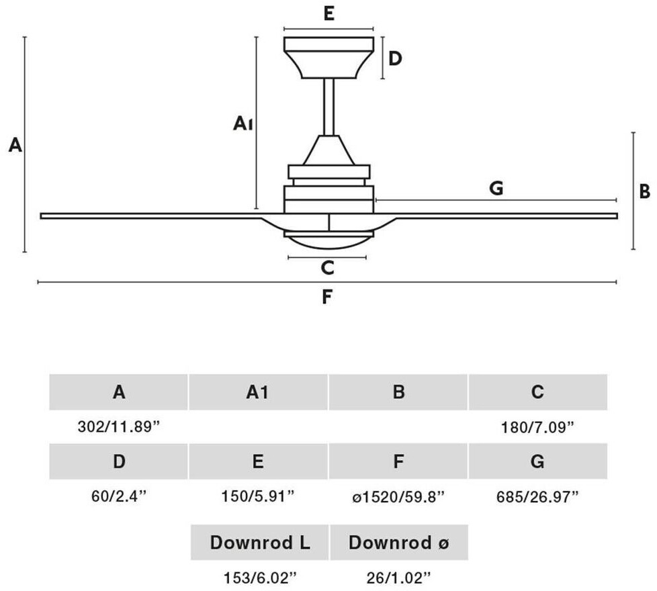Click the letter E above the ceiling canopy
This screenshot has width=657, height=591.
329,14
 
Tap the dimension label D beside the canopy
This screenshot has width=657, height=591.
395,58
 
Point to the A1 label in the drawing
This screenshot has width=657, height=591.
243,124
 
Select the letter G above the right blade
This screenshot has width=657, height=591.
496,189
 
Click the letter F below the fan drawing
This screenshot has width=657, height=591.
327,297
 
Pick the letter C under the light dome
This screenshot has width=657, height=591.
327,268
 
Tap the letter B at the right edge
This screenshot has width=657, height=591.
644,191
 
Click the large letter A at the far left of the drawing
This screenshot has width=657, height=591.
15,145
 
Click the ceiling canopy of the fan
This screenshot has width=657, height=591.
329,58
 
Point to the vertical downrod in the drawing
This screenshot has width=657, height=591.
329,107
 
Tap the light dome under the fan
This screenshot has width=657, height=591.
329,241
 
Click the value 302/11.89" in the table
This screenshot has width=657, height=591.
119,427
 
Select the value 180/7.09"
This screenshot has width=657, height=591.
537,428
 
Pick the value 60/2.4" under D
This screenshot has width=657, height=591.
119,497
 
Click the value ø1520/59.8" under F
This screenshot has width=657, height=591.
398,497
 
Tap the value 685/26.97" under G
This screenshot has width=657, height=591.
537,497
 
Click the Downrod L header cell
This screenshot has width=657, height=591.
260,543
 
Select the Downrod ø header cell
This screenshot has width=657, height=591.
399,543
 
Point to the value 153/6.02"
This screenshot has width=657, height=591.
260,578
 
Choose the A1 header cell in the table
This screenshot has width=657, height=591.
258,392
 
